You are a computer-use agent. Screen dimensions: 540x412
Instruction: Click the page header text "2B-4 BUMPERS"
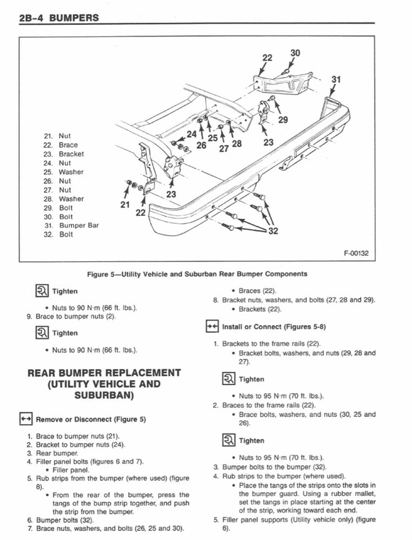[59, 18]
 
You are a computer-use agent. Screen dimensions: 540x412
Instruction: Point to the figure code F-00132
[356, 253]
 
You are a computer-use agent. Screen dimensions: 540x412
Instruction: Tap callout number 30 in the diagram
[295, 53]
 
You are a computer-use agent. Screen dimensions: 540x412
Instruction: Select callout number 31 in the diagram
[336, 79]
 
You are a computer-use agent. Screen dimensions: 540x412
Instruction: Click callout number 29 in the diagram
[283, 119]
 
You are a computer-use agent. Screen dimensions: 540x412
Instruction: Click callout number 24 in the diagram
[192, 134]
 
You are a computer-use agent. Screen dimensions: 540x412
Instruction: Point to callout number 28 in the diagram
[236, 144]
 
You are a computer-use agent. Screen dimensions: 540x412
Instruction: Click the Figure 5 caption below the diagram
[197, 274]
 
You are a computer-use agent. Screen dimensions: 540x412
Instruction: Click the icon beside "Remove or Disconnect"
[24, 419]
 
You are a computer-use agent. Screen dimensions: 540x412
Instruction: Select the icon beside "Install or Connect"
[212, 327]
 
